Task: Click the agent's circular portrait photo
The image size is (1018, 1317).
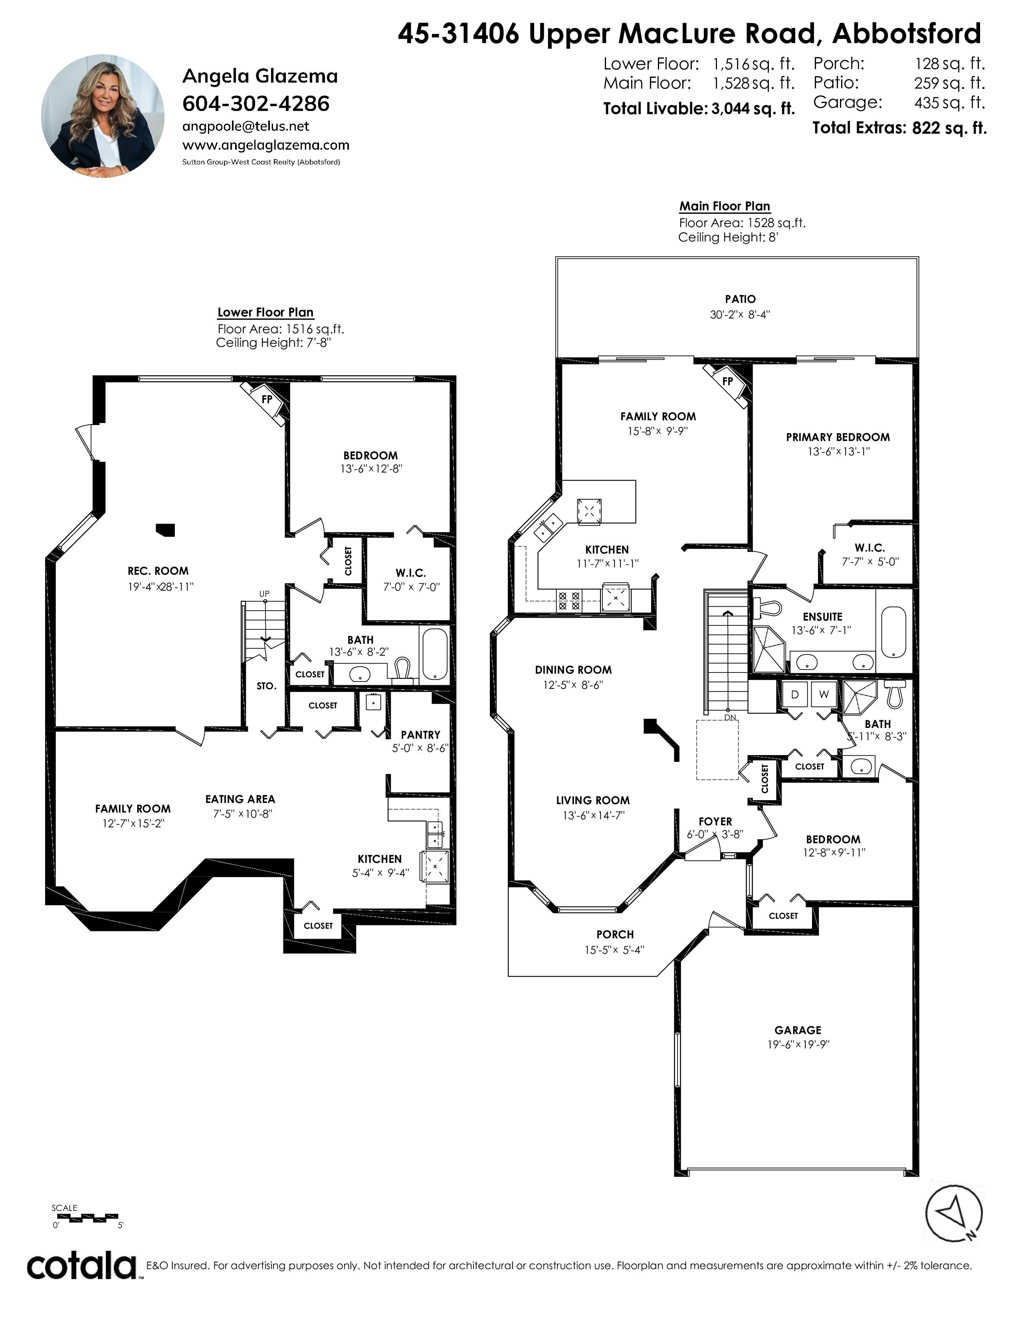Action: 103,116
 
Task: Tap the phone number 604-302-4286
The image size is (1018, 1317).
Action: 256,104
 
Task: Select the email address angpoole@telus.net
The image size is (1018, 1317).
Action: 246,126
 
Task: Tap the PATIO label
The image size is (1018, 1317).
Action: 740,299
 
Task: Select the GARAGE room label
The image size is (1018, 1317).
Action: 798,1030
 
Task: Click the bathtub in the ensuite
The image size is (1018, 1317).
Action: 894,632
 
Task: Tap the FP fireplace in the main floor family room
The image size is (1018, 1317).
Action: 728,381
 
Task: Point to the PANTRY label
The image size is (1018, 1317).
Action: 420,734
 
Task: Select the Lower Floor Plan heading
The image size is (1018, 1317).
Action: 265,312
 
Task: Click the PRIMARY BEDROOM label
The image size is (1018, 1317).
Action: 838,437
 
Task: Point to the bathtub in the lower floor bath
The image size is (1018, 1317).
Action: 434,654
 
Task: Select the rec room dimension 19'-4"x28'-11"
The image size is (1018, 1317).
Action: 160,586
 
